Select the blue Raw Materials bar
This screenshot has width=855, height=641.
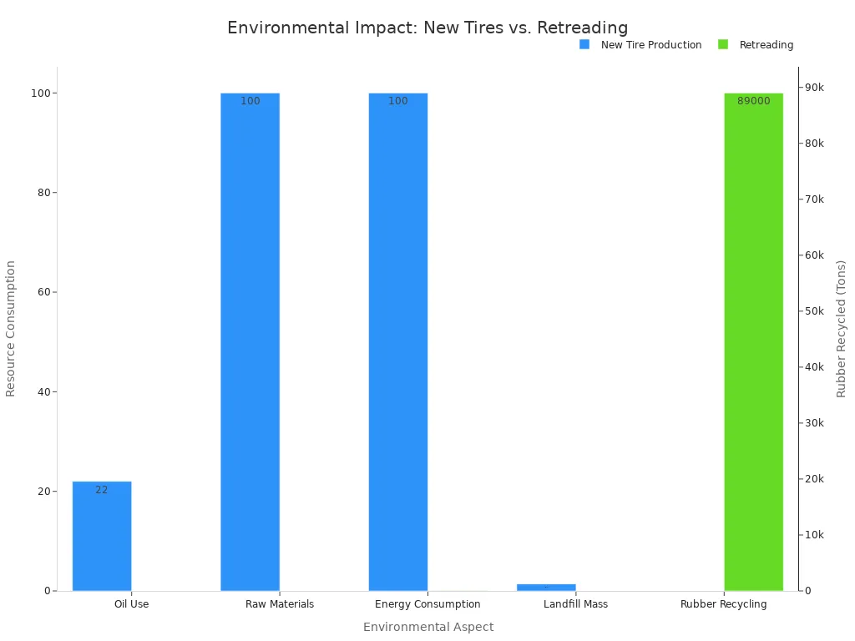250,342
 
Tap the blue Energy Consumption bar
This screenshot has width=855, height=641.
397,342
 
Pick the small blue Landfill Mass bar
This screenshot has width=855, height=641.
546,587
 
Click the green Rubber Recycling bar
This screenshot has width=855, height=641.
753,342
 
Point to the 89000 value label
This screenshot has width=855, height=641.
753,101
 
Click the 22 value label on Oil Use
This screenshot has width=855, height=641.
101,490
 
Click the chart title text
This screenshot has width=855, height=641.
427,28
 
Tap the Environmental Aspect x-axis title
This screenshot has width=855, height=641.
427,627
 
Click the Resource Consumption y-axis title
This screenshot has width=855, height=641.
11,328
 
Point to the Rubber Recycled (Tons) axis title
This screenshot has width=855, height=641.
842,328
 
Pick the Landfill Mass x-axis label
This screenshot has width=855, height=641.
575,604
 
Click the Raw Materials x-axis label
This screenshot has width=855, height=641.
280,604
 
